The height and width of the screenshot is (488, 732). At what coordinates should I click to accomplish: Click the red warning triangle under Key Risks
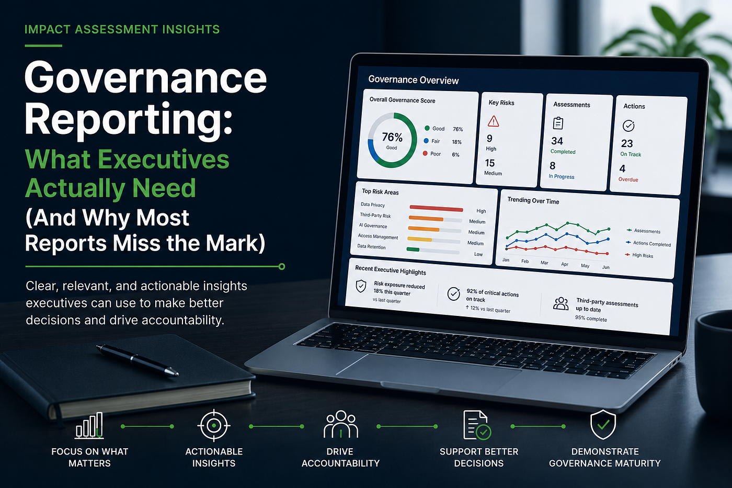click(x=493, y=121)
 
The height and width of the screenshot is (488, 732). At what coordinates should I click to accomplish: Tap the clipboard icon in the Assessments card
click(x=558, y=123)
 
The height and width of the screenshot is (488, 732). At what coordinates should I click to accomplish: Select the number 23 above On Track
click(x=627, y=143)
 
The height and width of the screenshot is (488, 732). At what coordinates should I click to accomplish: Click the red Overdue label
click(x=628, y=179)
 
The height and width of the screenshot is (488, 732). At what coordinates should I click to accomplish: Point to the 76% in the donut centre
click(x=392, y=137)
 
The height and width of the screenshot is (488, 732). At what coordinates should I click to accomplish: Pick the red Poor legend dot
click(x=425, y=153)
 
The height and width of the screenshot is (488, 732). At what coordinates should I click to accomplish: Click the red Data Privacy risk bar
click(x=436, y=208)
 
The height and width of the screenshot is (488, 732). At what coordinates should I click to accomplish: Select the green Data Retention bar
click(x=413, y=249)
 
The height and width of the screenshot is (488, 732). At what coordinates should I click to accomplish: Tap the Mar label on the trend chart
click(x=544, y=263)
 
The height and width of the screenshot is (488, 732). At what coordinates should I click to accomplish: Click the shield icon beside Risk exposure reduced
click(x=361, y=286)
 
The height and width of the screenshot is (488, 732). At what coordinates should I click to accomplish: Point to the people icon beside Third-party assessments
click(x=561, y=303)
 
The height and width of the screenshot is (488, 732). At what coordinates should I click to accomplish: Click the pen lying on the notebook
click(x=137, y=360)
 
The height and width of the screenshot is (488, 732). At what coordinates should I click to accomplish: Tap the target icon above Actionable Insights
click(x=214, y=426)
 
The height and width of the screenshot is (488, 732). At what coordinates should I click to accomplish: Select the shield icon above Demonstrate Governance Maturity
click(x=603, y=424)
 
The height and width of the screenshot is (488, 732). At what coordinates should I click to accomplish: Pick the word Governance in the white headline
click(x=146, y=78)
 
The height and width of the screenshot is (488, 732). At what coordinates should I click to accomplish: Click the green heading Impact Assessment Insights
click(x=122, y=29)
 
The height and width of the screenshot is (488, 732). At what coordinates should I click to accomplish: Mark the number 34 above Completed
click(x=557, y=141)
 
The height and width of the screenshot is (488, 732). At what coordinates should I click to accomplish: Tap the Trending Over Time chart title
click(x=533, y=201)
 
